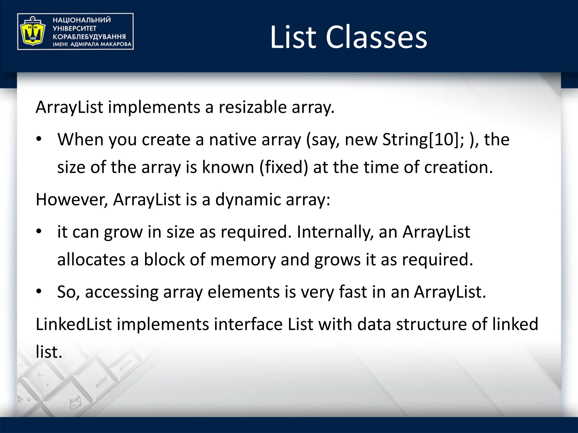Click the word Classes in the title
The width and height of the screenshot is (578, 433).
[x=376, y=37]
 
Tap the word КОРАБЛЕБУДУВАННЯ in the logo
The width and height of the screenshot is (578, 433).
[x=89, y=37]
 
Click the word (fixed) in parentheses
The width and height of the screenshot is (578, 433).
[x=284, y=167]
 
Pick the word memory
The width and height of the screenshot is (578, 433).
[x=243, y=260]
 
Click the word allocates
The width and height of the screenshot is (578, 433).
[x=91, y=260]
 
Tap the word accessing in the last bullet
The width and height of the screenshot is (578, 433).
[x=122, y=292]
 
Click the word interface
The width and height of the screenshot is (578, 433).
[x=248, y=324]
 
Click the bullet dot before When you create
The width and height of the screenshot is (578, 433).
[x=39, y=139]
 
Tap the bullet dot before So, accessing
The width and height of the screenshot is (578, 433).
[x=39, y=291]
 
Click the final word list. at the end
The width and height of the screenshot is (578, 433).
[x=49, y=352]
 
